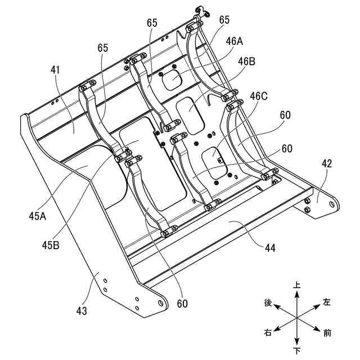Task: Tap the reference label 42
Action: [x=327, y=164]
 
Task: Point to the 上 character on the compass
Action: [x=298, y=285]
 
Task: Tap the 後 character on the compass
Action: [x=268, y=303]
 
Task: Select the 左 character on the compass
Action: [x=327, y=303]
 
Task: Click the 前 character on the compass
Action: [x=327, y=333]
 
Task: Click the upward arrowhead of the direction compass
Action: [x=297, y=292]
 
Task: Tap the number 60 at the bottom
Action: [x=182, y=304]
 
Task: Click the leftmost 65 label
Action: [x=102, y=48]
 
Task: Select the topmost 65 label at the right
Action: [x=224, y=19]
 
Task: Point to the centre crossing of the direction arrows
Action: [x=297, y=318]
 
